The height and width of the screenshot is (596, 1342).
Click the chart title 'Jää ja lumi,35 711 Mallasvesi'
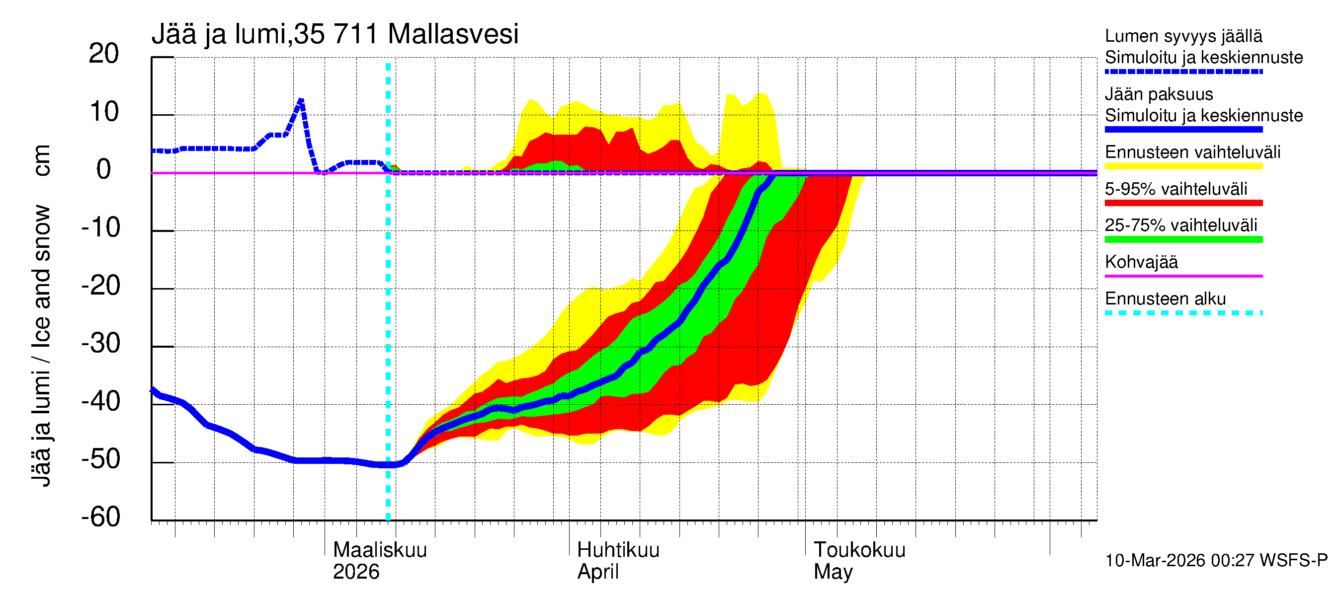(335, 34)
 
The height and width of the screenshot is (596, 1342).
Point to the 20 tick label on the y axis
(104, 54)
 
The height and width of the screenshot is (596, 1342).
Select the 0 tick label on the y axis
(104, 170)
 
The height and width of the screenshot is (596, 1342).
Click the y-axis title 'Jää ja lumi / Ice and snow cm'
(42, 315)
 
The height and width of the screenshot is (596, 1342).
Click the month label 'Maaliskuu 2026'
(379, 561)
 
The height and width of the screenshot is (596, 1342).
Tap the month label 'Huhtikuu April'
(618, 561)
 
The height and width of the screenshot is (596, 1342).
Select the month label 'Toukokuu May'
(859, 561)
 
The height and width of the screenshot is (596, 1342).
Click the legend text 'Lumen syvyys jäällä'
(1183, 36)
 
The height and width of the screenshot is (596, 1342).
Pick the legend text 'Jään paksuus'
(1159, 94)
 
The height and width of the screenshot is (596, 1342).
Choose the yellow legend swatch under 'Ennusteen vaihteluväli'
(1183, 166)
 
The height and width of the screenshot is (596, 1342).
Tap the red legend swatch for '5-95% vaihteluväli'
(1183, 203)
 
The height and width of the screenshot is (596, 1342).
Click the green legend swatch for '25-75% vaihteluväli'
(1183, 239)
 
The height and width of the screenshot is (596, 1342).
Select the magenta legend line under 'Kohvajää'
(1183, 276)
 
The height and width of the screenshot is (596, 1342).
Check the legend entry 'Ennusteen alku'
(1165, 299)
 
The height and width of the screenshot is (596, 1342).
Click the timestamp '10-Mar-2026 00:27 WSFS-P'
(1216, 561)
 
